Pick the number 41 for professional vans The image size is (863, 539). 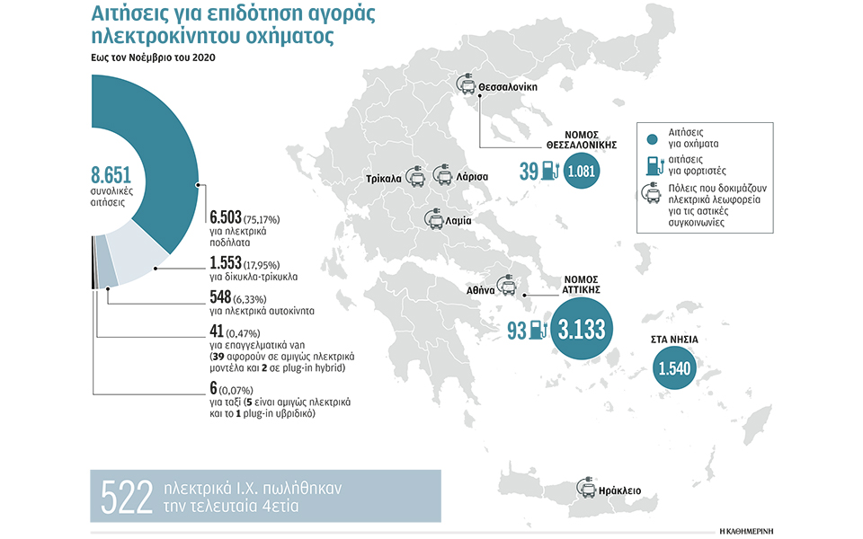tap(217, 331)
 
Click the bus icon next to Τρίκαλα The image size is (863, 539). tap(415, 176)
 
